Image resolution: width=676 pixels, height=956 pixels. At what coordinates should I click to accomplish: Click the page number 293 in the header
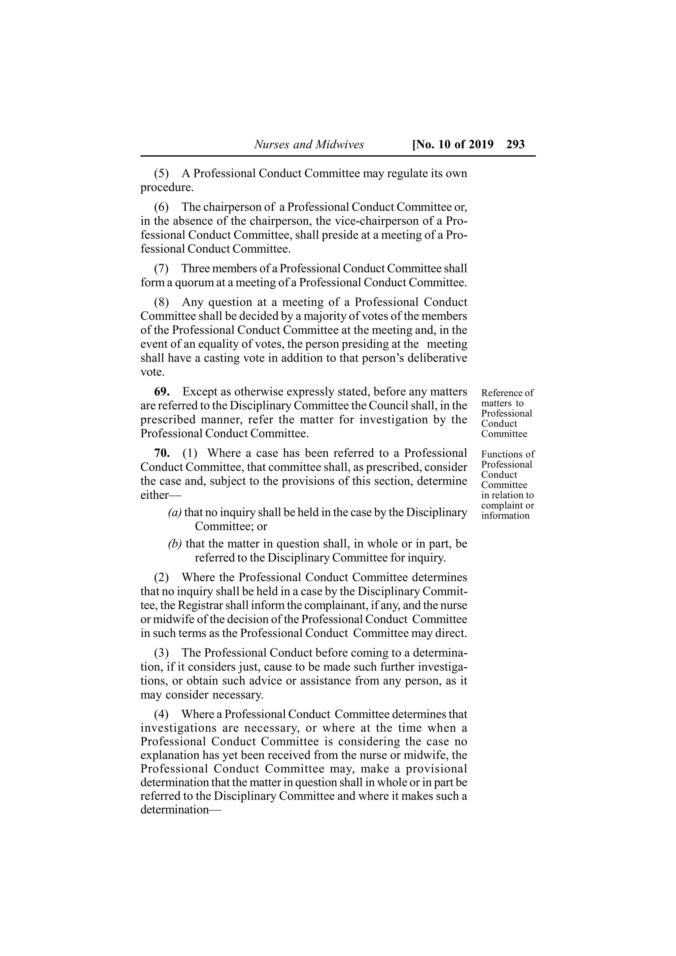click(515, 144)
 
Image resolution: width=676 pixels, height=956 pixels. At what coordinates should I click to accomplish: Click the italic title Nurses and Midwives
click(309, 144)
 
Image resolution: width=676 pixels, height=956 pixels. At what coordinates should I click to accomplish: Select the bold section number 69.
click(162, 392)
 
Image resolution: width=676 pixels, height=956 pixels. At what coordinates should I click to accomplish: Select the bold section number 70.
click(162, 453)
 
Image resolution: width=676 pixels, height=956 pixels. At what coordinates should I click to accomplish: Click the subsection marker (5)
click(162, 173)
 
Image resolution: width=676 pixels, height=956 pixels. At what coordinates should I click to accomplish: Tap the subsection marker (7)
click(162, 268)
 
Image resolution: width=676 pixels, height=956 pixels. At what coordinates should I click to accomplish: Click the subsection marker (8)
click(162, 302)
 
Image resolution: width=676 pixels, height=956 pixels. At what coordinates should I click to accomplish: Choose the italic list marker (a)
click(175, 513)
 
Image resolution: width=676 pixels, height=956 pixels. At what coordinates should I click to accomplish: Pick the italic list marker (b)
click(175, 544)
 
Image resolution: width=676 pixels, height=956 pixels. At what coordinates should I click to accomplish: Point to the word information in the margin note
click(505, 516)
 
